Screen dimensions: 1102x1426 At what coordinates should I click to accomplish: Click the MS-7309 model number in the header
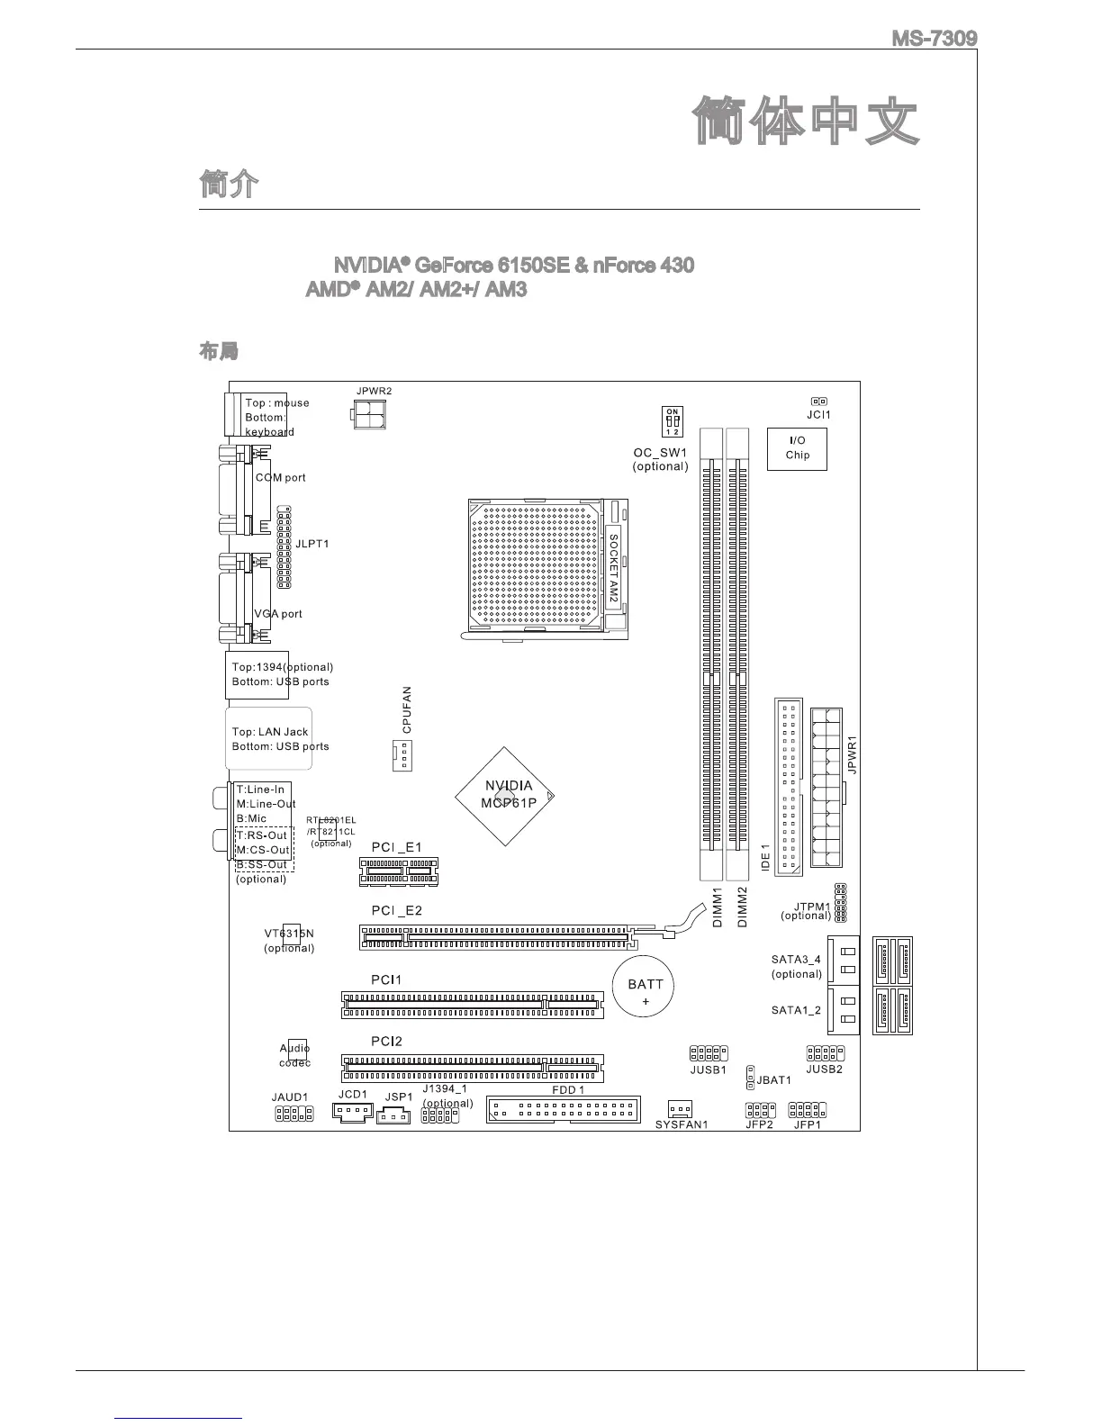[934, 40]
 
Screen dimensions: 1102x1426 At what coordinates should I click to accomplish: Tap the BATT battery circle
[645, 990]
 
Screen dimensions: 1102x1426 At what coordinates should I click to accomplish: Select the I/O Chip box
[797, 447]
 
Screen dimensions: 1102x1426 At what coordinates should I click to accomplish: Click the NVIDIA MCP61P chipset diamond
[505, 795]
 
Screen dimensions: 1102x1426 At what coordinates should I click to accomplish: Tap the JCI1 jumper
[818, 402]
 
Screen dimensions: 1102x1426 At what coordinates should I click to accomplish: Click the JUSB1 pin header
[709, 1052]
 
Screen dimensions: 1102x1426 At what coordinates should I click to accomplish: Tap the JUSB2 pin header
[825, 1052]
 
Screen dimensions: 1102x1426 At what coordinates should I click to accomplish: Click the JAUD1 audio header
[294, 1114]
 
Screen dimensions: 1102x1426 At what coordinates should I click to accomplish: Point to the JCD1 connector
[353, 1112]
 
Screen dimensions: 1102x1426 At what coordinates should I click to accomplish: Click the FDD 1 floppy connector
[563, 1109]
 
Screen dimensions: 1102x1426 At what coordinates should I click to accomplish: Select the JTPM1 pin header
[839, 902]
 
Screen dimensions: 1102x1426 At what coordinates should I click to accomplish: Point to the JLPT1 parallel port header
[284, 546]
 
